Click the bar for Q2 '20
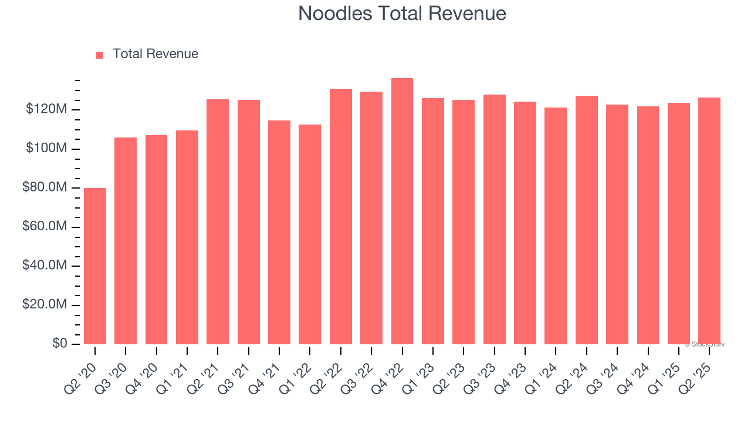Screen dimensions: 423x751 pyautogui.click(x=95, y=266)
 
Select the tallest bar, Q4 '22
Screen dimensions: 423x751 pyautogui.click(x=402, y=211)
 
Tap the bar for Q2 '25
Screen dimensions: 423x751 pyautogui.click(x=709, y=220)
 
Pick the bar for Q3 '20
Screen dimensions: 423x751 pyautogui.click(x=126, y=240)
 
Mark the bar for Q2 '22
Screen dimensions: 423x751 pyautogui.click(x=340, y=216)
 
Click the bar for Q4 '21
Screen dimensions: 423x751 pyautogui.click(x=279, y=232)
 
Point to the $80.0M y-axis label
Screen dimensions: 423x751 pyautogui.click(x=45, y=188)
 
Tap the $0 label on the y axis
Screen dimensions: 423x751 pyautogui.click(x=59, y=344)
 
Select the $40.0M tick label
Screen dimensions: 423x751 pyautogui.click(x=45, y=266)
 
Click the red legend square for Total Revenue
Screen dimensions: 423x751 pyautogui.click(x=100, y=55)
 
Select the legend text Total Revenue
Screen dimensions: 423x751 pyautogui.click(x=155, y=54)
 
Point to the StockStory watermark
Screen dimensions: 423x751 pyautogui.click(x=705, y=344)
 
